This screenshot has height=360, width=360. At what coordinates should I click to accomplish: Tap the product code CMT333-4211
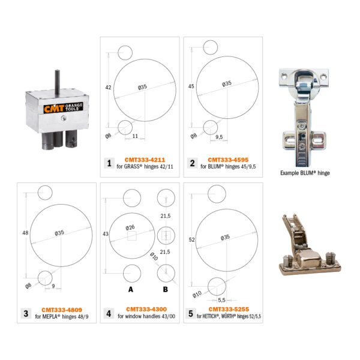140,160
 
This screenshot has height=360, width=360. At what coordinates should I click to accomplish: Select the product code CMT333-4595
224,160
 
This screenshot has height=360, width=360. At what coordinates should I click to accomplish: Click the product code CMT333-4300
140,310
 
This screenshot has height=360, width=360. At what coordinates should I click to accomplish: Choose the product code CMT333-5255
224,310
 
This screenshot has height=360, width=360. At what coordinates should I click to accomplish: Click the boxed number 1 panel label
109,163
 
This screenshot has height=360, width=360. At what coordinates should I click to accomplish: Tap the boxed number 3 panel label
26,313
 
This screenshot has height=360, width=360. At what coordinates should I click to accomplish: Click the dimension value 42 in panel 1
109,88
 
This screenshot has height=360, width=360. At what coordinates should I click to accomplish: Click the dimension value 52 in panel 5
191,239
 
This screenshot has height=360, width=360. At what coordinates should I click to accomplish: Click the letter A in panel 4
129,289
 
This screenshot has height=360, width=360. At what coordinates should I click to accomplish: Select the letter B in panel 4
165,289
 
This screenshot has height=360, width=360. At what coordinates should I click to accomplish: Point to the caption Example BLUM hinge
305,173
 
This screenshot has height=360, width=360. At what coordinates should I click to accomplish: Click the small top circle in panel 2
209,47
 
